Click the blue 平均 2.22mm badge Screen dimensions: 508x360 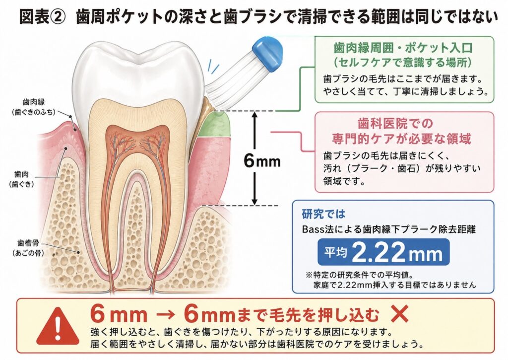[383, 252]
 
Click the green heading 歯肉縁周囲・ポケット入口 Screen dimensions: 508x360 [403, 48]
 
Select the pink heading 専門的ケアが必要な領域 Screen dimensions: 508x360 [401, 139]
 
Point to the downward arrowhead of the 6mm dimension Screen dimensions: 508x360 [254, 201]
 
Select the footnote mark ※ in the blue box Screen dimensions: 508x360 [309, 275]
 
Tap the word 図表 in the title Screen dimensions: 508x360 [34, 16]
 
